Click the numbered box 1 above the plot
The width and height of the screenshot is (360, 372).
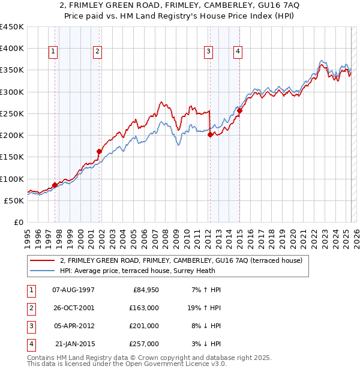click(53, 52)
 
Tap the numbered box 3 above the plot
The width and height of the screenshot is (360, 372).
click(208, 52)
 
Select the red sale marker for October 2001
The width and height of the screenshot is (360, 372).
click(99, 151)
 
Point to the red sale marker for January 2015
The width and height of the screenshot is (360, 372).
click(239, 110)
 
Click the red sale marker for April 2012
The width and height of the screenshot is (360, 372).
click(210, 135)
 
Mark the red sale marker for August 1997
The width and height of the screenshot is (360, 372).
click(55, 185)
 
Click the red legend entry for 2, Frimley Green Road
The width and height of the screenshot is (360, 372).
click(185, 260)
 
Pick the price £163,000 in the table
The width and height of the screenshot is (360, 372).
click(145, 307)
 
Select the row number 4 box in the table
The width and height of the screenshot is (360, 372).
click(29, 344)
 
